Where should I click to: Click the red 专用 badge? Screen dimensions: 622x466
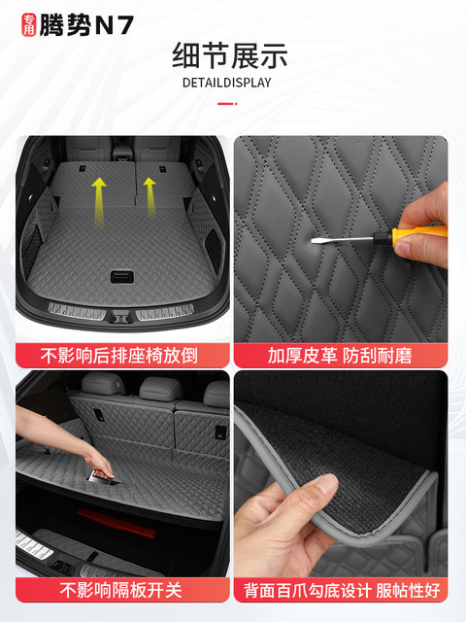25,26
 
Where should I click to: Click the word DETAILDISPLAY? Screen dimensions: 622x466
227,82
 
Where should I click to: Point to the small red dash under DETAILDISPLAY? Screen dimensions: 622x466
227,102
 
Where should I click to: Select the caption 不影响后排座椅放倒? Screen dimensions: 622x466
123,355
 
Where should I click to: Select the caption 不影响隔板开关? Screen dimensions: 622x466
123,590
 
